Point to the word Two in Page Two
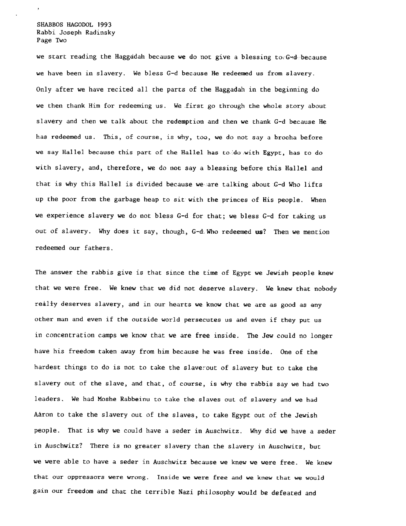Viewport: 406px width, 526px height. [61, 40]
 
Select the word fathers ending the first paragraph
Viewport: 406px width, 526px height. [97, 248]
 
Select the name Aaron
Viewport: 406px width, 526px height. [43, 415]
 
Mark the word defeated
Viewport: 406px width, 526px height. [286, 493]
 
